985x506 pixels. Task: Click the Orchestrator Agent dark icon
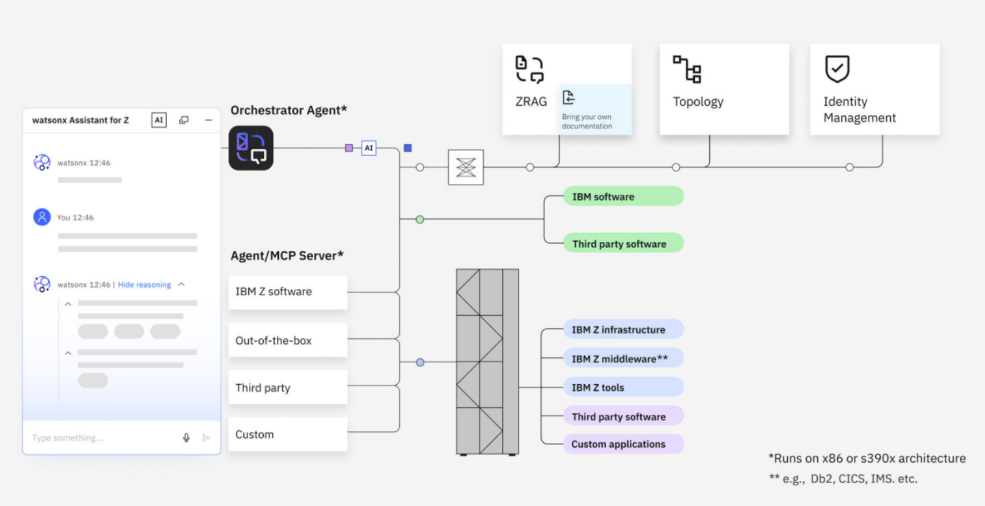pyautogui.click(x=251, y=148)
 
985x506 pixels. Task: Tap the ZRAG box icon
pyautogui.click(x=529, y=69)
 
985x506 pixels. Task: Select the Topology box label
pyautogui.click(x=698, y=102)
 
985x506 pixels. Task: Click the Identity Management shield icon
pyautogui.click(x=837, y=69)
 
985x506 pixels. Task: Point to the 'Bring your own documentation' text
pyautogui.click(x=587, y=121)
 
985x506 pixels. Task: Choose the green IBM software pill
pyautogui.click(x=623, y=196)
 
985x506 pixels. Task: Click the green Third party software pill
pyautogui.click(x=623, y=244)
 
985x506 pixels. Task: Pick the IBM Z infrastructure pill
pyautogui.click(x=623, y=330)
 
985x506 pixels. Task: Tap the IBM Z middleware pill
pyautogui.click(x=623, y=358)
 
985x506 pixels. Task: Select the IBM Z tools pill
pyautogui.click(x=623, y=387)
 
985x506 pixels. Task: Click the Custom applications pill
pyautogui.click(x=623, y=444)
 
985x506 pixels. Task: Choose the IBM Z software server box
pyautogui.click(x=288, y=292)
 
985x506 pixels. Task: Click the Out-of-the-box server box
pyautogui.click(x=288, y=340)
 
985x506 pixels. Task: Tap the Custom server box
pyautogui.click(x=288, y=434)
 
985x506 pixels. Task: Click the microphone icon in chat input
pyautogui.click(x=186, y=438)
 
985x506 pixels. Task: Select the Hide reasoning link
pyautogui.click(x=144, y=285)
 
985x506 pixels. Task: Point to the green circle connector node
pyautogui.click(x=420, y=219)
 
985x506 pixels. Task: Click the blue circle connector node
pyautogui.click(x=420, y=362)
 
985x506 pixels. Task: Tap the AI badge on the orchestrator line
pyautogui.click(x=369, y=148)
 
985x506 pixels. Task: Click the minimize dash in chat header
pyautogui.click(x=209, y=120)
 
